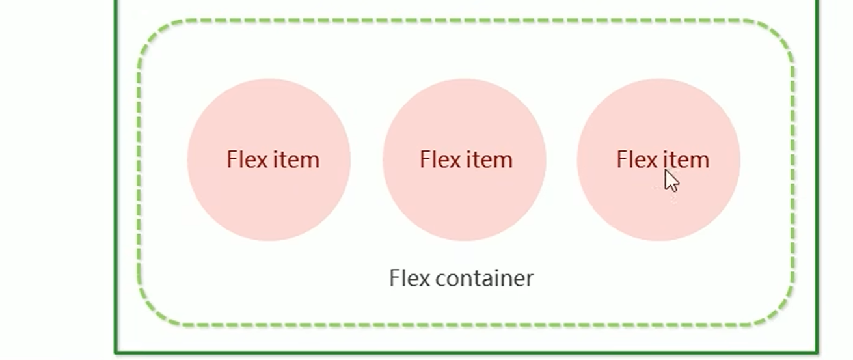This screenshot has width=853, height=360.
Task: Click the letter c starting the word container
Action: (442, 280)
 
